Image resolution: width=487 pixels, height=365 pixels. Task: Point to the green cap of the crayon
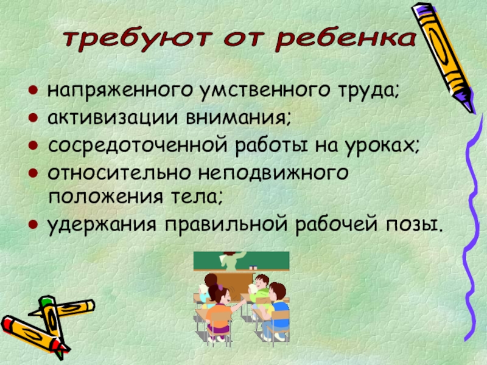click(46, 302)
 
